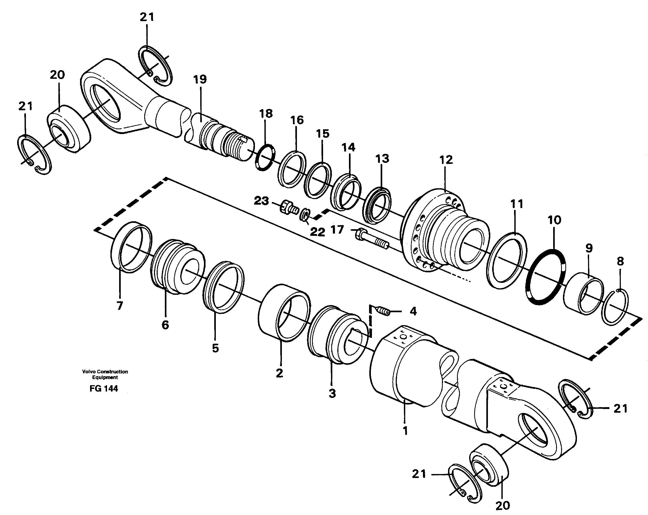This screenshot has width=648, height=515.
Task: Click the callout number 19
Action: (x=200, y=79)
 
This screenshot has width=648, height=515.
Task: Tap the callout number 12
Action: (x=446, y=160)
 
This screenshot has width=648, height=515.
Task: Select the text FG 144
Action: (x=104, y=389)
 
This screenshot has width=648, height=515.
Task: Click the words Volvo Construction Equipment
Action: (x=105, y=374)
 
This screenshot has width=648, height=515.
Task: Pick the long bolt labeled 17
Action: (x=371, y=239)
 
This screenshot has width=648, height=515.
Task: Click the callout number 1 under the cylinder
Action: (x=405, y=430)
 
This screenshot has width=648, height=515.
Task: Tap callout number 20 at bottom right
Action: (x=502, y=505)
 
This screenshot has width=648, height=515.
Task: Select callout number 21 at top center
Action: (x=147, y=17)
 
